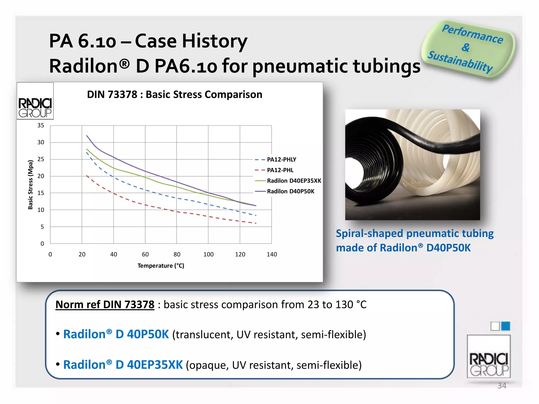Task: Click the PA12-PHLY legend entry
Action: click(275, 160)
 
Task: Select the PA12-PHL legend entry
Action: click(274, 170)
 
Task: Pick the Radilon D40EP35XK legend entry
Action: click(288, 181)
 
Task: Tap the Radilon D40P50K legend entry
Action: click(285, 191)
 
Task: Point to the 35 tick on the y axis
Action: click(41, 125)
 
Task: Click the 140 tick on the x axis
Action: click(272, 254)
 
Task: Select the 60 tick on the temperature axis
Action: click(145, 254)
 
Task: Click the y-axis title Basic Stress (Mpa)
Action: click(31, 185)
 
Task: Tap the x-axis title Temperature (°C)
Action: click(161, 266)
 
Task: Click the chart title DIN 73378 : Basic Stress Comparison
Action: click(174, 94)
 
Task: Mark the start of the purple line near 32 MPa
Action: click(87, 135)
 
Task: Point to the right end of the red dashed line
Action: click(256, 223)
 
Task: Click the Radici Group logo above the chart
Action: click(35, 101)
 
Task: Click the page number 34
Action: click(502, 386)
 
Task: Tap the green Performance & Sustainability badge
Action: click(468, 49)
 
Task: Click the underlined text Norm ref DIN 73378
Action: click(105, 305)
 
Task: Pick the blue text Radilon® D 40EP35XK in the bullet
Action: click(123, 365)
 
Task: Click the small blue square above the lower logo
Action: click(506, 326)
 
